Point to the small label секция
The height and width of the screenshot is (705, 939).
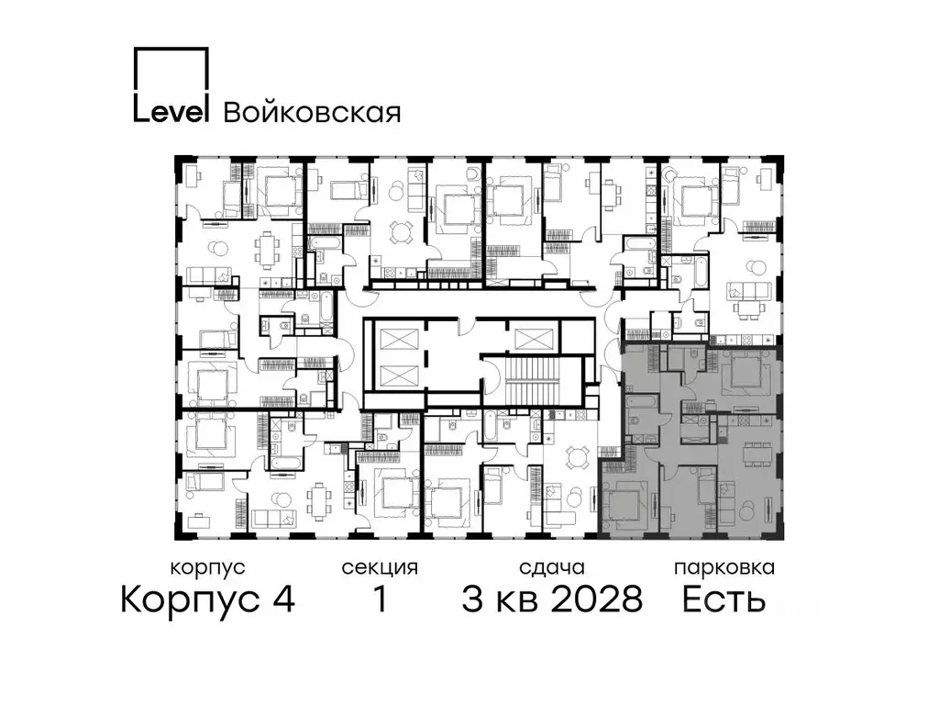[380, 567]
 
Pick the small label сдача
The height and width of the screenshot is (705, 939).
[550, 567]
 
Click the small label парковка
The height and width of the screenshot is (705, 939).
[724, 567]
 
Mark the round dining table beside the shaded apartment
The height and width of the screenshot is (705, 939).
[576, 456]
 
